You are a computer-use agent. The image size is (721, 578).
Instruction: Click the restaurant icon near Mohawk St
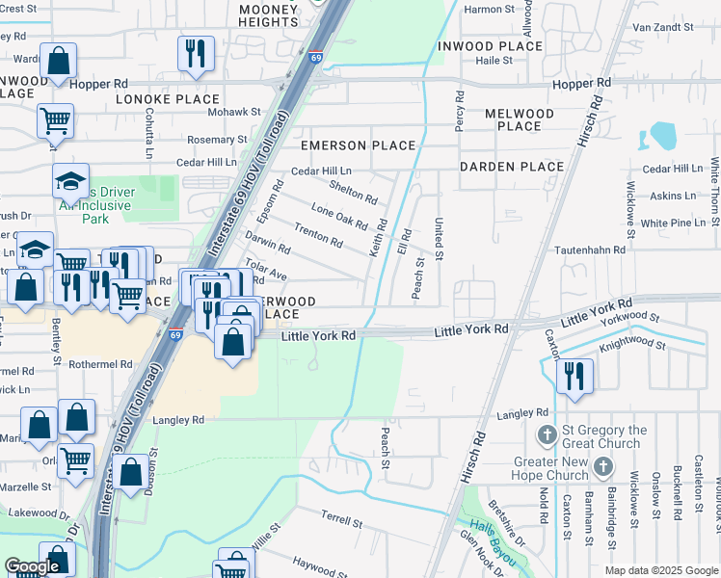(196, 54)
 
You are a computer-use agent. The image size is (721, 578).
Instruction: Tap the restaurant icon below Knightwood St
(574, 375)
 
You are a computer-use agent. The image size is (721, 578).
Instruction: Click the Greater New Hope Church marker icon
(603, 468)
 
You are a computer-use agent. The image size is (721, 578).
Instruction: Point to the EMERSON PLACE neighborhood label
(358, 145)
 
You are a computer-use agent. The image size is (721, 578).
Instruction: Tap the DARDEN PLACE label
(511, 167)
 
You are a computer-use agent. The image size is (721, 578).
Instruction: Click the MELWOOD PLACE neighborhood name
(520, 119)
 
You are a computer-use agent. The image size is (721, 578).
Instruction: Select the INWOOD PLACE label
(490, 46)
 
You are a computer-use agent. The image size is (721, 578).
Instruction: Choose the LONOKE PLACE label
(169, 99)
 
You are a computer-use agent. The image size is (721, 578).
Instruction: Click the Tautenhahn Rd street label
(590, 250)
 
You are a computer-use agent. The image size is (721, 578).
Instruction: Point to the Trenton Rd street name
(318, 235)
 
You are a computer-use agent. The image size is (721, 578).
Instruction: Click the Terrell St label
(341, 521)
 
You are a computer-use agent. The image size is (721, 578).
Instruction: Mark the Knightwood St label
(631, 343)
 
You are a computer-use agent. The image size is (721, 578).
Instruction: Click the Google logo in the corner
(32, 567)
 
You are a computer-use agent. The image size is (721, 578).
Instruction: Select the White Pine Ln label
(673, 223)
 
